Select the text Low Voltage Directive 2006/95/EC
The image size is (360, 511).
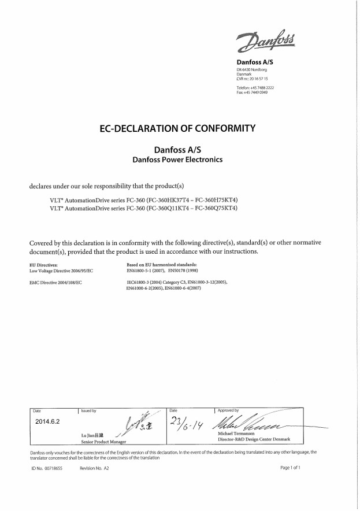61,270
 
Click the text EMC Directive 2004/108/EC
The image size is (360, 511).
55,282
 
